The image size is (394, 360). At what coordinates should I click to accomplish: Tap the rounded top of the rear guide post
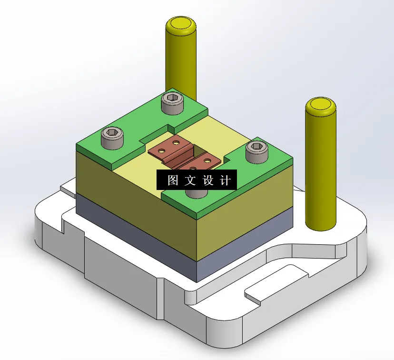181,24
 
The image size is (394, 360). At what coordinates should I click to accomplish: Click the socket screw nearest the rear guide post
172,103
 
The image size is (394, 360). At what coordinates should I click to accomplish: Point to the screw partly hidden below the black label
196,193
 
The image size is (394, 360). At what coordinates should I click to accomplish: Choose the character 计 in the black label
226,180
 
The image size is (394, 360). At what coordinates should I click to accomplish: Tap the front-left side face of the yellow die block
133,190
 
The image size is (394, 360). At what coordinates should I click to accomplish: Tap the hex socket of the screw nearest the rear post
172,99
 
